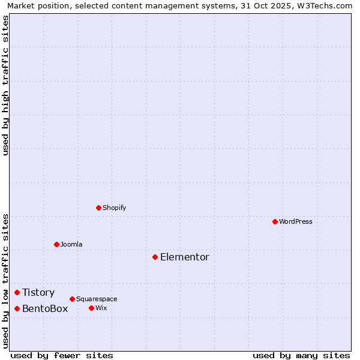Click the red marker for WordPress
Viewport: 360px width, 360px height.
point(275,221)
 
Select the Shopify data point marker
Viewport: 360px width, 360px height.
point(98,208)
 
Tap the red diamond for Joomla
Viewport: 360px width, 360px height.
point(56,244)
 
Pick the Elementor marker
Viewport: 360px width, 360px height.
point(155,257)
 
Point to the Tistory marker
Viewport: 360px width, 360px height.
point(17,292)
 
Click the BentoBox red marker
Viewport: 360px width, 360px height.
point(17,308)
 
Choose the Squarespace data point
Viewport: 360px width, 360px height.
point(72,299)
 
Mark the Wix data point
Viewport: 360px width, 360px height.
point(91,308)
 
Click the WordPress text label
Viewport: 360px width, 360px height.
point(296,221)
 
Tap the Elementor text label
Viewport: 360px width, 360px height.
point(185,257)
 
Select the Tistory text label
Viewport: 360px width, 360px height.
point(38,292)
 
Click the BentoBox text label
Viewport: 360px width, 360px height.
point(45,308)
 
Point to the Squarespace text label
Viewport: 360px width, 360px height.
point(97,299)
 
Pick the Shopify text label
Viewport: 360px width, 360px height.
point(114,208)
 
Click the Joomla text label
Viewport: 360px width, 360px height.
point(71,244)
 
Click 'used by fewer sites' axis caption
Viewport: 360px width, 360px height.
point(62,355)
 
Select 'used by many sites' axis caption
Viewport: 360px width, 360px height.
point(301,355)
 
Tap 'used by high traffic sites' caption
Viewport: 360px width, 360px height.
point(6,85)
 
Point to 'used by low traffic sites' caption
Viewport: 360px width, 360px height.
point(6,280)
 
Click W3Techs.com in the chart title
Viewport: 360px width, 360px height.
point(327,5)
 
